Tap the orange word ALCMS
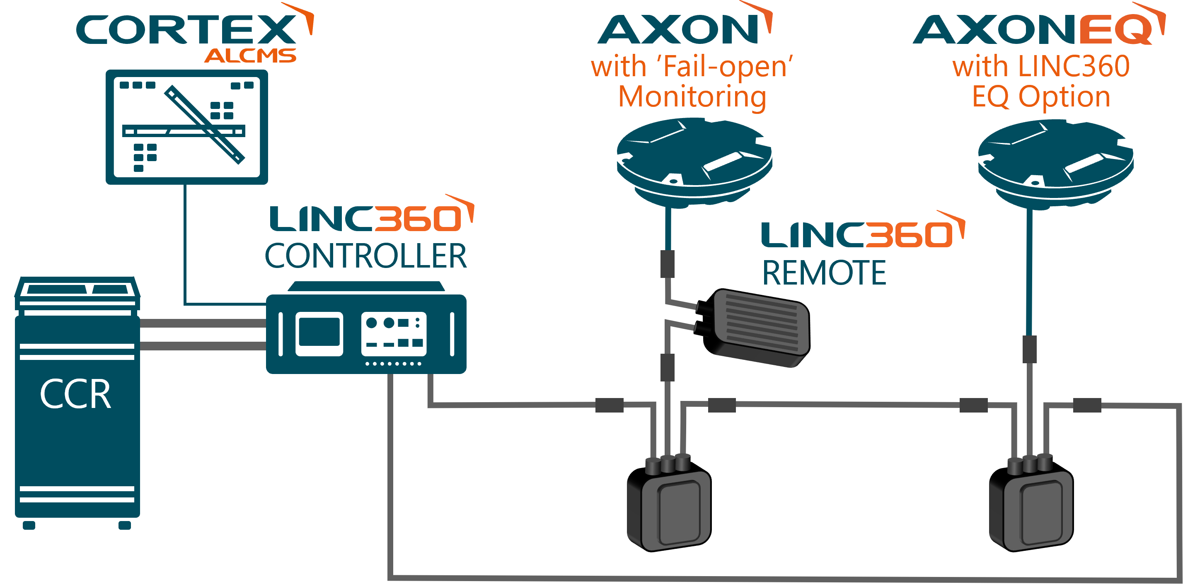pos(250,56)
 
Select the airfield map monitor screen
pos(186,127)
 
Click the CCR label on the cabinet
pos(76,394)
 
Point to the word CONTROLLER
pos(365,256)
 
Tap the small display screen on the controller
pos(319,333)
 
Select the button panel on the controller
pos(394,333)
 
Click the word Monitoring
pos(692,97)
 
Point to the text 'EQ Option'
pos(1041,97)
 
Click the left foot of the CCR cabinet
pos(29,525)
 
